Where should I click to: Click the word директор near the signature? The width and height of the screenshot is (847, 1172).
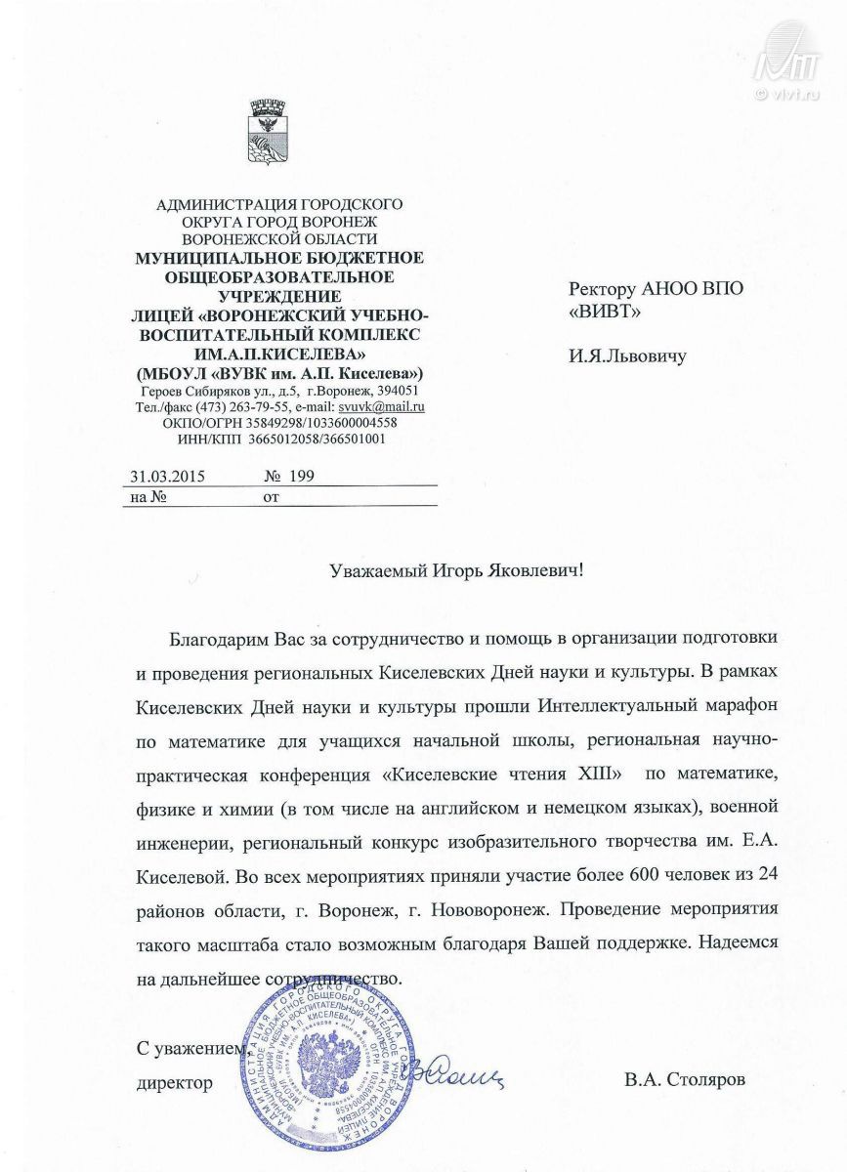pos(174,1082)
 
